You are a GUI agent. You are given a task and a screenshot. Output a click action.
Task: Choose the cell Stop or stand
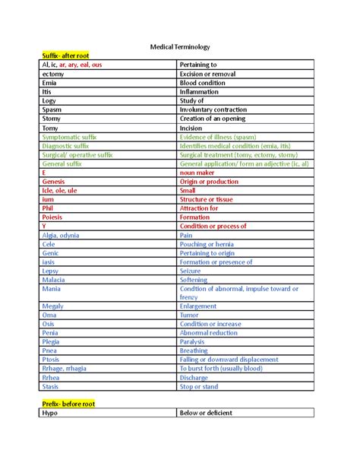[x=200, y=386]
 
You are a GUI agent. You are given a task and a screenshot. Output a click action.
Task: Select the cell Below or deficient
[x=206, y=413]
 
